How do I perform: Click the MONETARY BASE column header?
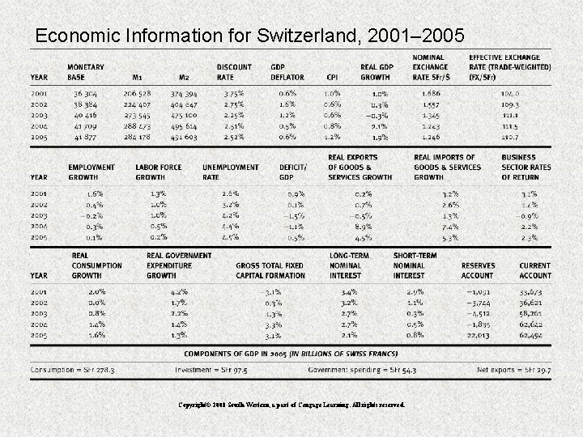[85, 72]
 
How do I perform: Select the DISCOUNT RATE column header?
[234, 72]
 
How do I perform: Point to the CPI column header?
[331, 78]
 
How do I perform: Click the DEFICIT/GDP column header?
[292, 172]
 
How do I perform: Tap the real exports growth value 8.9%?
[363, 227]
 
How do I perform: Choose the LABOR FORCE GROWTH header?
[156, 172]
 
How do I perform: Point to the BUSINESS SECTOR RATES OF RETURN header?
[524, 167]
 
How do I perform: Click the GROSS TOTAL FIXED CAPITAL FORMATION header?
[270, 270]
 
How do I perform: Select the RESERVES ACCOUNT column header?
[479, 270]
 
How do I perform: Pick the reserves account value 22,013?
[479, 333]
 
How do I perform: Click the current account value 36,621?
[532, 302]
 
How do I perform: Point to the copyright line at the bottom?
[291, 404]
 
